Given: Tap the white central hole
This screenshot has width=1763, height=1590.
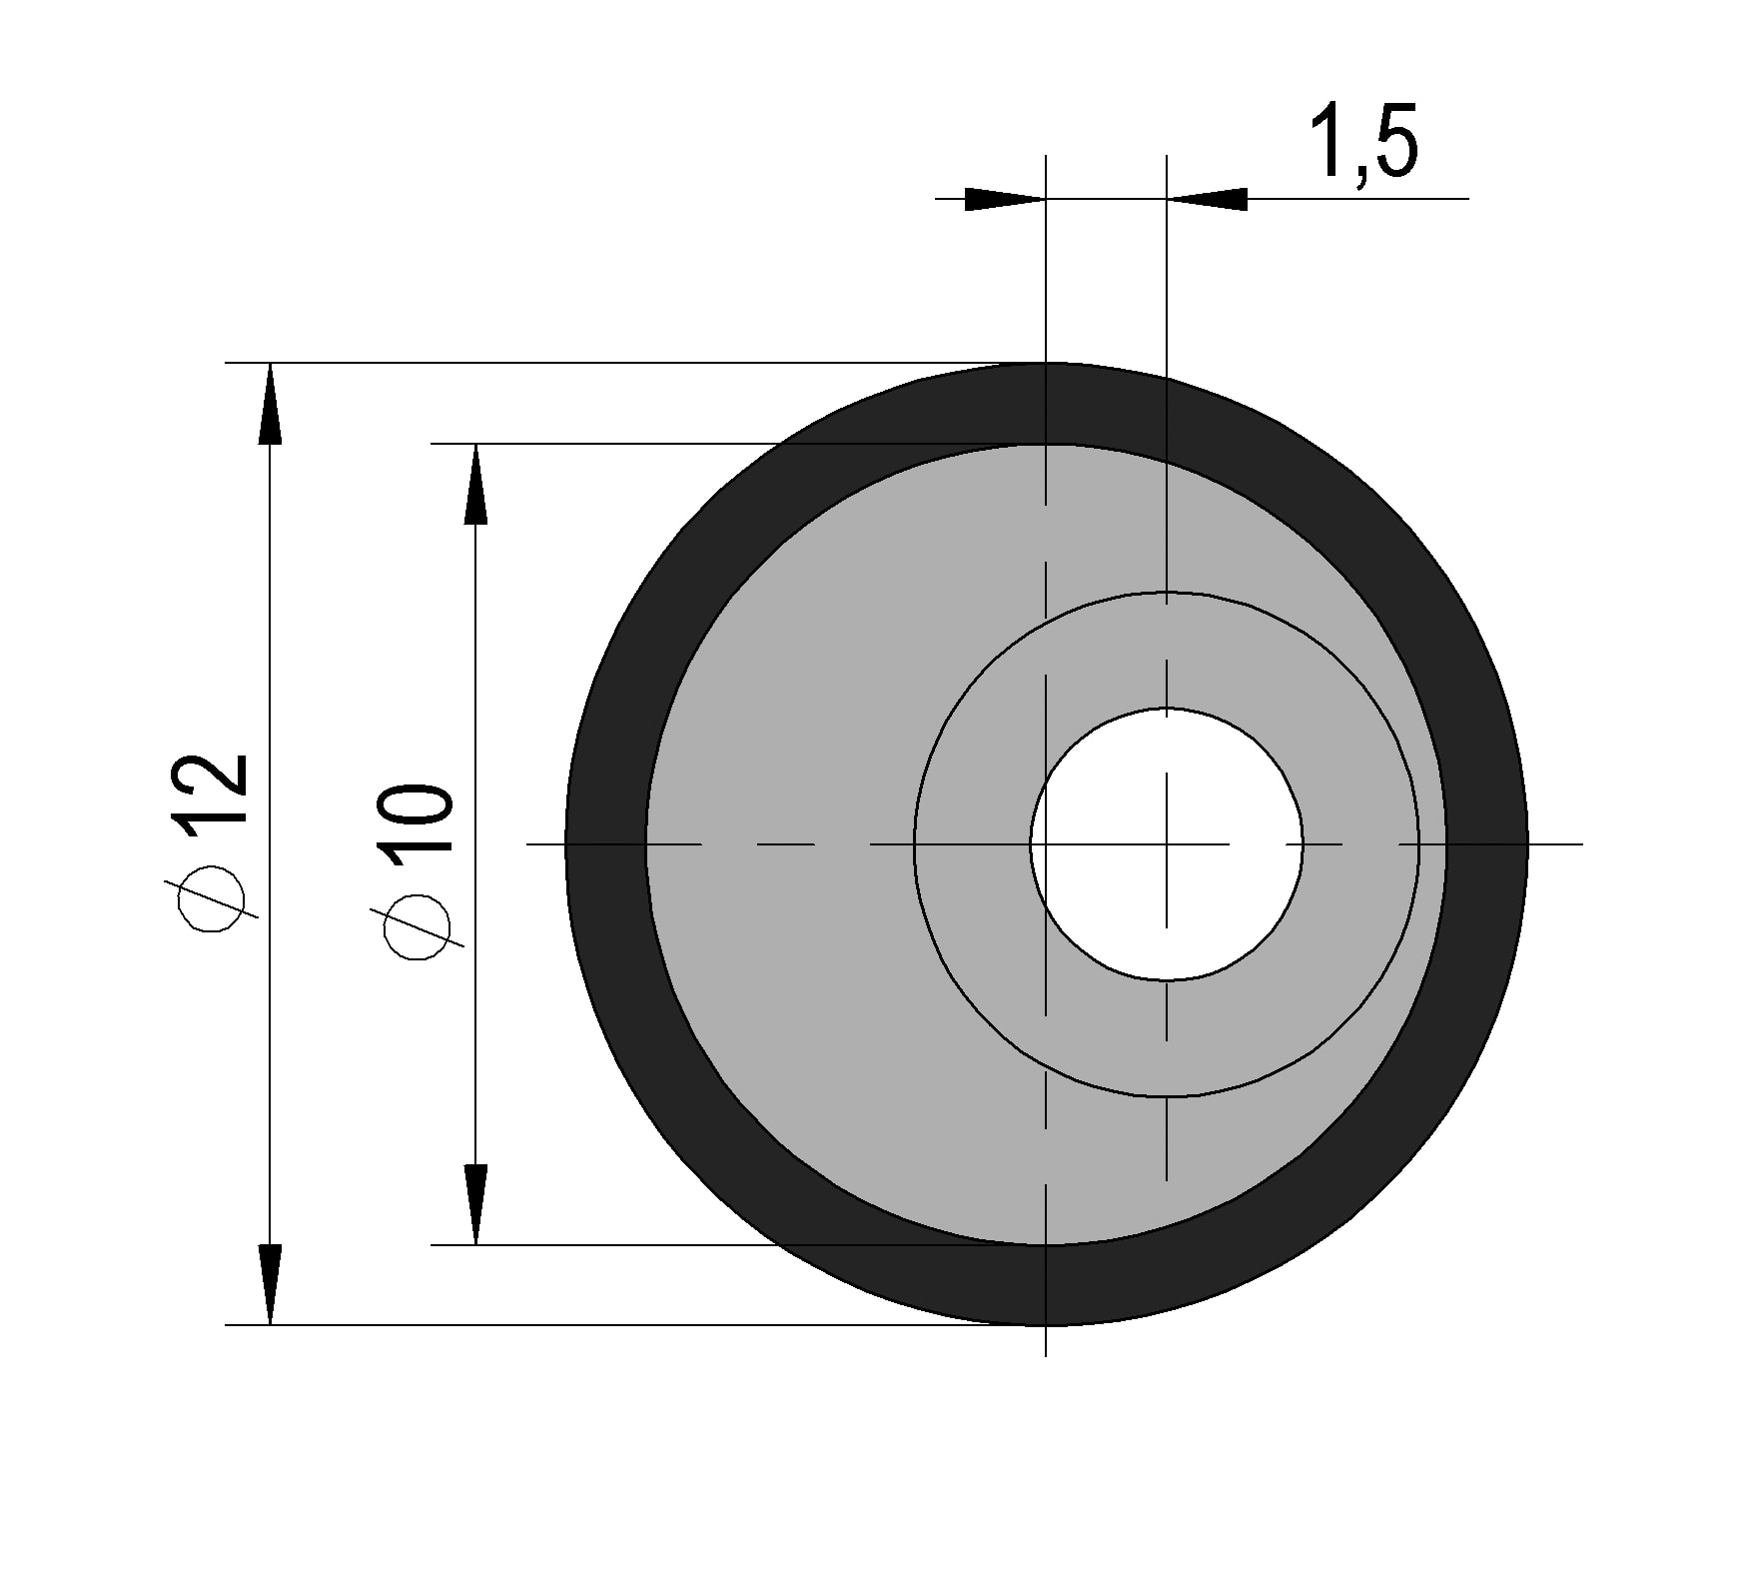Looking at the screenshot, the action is pos(1167,844).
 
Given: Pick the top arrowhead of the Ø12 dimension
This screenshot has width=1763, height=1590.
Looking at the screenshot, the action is pos(270,403).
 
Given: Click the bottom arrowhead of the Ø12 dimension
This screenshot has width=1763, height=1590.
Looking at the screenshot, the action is pos(270,1285).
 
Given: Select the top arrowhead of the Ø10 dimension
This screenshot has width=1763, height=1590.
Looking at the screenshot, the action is pos(476,484).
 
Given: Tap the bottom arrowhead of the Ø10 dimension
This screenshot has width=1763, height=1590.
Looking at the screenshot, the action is pos(476,1204).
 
